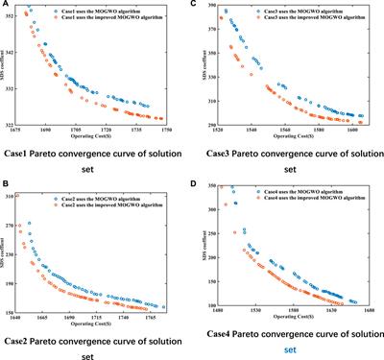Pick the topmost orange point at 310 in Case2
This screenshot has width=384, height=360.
coord(43,196)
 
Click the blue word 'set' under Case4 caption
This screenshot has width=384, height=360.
coord(284,350)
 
